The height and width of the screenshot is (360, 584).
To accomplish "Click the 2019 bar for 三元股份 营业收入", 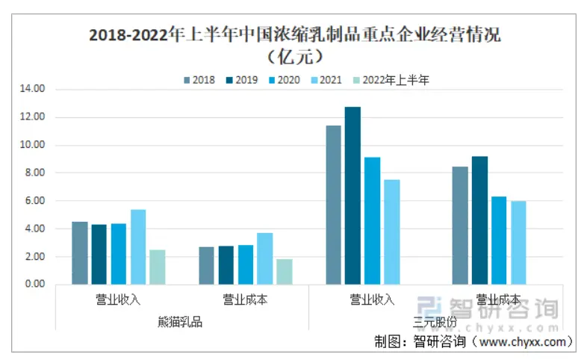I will pyautogui.click(x=352, y=196).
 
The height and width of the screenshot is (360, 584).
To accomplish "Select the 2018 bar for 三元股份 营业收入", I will pyautogui.click(x=333, y=205).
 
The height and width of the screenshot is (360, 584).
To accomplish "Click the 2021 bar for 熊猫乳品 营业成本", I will pyautogui.click(x=264, y=258).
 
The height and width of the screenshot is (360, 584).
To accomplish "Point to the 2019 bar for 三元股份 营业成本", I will pyautogui.click(x=479, y=220).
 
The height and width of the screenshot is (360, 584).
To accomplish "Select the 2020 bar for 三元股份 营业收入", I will pyautogui.click(x=372, y=221).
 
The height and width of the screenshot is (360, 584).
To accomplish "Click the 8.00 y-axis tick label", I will pyautogui.click(x=34, y=173).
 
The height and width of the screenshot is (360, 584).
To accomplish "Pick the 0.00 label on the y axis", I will pyautogui.click(x=34, y=285).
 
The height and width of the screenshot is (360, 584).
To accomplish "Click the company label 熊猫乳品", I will pyautogui.click(x=180, y=323).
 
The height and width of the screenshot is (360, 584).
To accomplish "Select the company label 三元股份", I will pyautogui.click(x=435, y=323).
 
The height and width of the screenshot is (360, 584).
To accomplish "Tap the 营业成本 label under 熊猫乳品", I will pyautogui.click(x=245, y=300).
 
